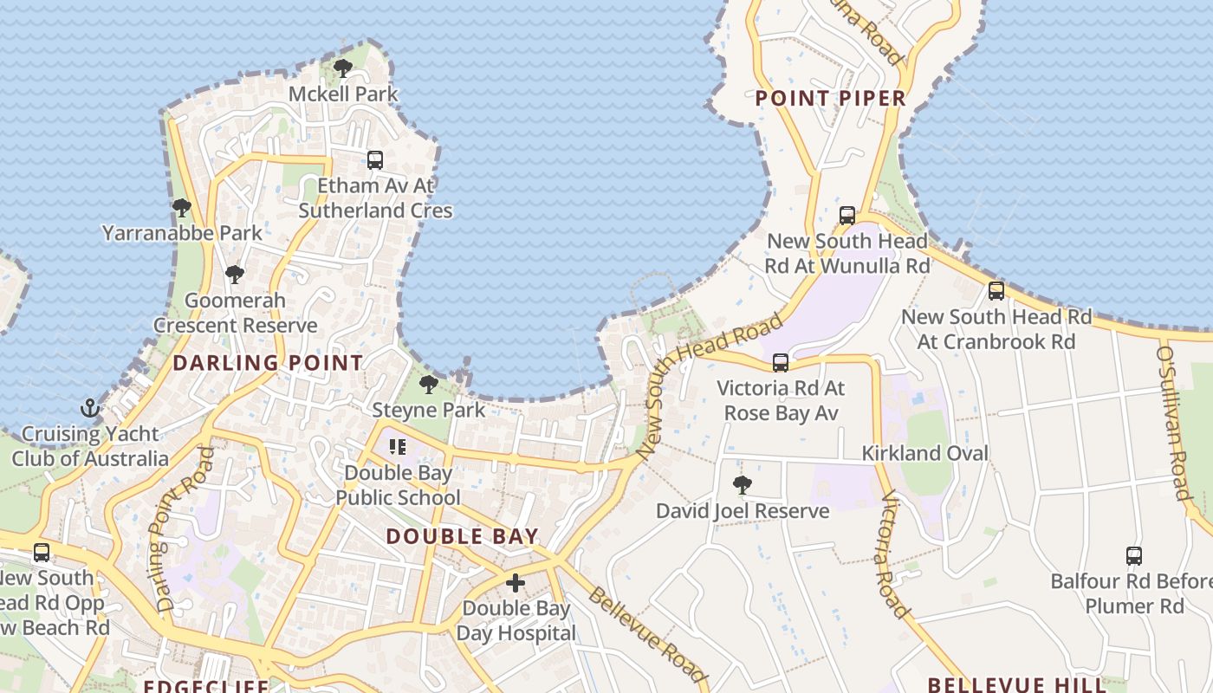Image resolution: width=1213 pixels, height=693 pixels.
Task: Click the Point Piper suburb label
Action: [x=830, y=98]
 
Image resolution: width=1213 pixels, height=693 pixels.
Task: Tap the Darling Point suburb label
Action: [x=268, y=363]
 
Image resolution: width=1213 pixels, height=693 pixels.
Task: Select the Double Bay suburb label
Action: [x=462, y=536]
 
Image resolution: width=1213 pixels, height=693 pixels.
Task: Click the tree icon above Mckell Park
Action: [x=343, y=68]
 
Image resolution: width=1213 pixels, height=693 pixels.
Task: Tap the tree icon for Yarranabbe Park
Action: [x=181, y=208]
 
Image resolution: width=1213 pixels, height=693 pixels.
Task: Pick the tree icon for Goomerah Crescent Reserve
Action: [x=234, y=275]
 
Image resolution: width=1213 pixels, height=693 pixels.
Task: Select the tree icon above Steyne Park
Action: [x=428, y=384]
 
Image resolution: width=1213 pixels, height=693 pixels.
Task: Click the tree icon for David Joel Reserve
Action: [x=742, y=485]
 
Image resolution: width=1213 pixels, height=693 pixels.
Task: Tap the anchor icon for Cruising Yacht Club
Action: [x=90, y=408]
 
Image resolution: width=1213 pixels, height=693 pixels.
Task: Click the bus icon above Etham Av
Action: [x=374, y=160]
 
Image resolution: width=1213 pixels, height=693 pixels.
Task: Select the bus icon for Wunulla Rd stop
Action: [x=847, y=216]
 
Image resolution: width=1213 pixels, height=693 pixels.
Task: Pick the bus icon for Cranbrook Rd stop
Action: [x=996, y=291]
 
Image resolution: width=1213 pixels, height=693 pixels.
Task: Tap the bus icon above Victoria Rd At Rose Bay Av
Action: [x=781, y=363]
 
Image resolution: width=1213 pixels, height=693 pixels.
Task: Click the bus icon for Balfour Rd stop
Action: [x=1133, y=556]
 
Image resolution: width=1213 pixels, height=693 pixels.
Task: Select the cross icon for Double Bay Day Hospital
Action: [x=516, y=583]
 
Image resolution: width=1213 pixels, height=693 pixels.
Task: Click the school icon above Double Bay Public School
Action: [x=398, y=447]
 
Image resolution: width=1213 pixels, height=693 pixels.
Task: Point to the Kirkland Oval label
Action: [x=924, y=453]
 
